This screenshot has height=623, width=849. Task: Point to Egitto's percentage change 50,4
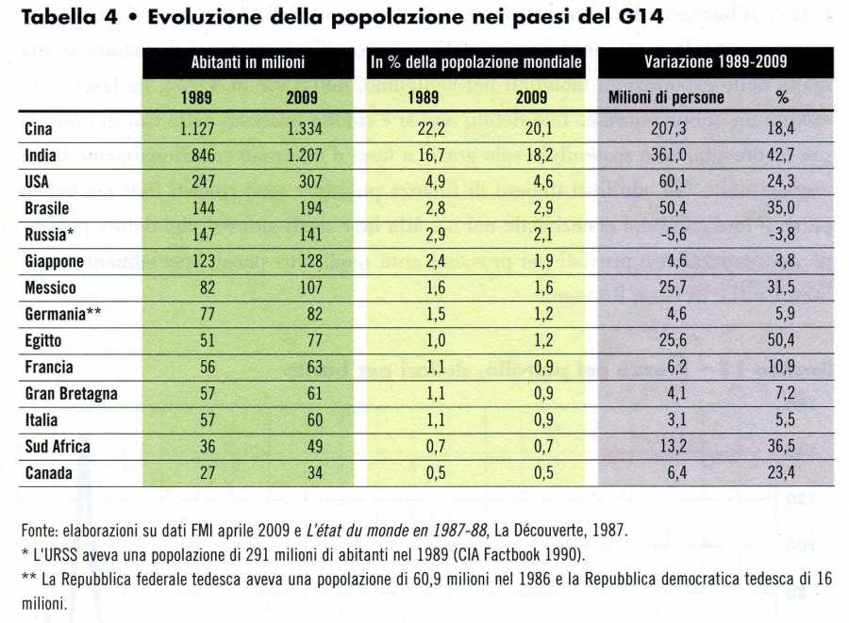tap(782, 340)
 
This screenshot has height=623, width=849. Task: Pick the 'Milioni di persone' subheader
tap(666, 96)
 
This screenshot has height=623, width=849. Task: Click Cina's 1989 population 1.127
tap(199, 129)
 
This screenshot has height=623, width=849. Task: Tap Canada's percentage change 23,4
tap(782, 472)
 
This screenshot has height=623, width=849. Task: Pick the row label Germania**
tap(61, 314)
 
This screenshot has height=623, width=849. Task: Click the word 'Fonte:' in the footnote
tap(41, 531)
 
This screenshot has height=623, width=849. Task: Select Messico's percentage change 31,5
tap(782, 287)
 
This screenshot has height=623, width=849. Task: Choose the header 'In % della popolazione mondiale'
tap(475, 62)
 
